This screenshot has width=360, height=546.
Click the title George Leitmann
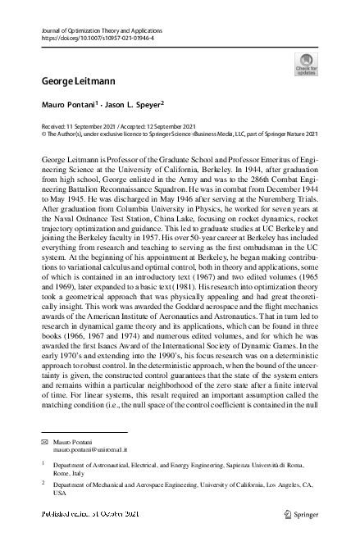pos(71,81)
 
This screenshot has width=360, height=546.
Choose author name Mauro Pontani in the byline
pos(68,105)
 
